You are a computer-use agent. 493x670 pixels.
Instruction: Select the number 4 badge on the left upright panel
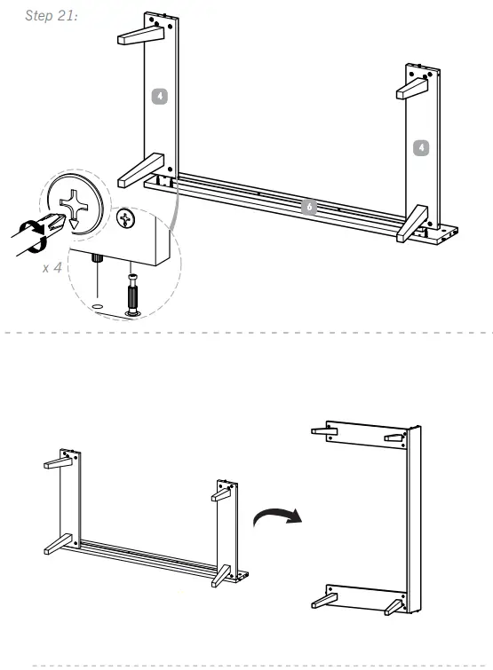click(158, 95)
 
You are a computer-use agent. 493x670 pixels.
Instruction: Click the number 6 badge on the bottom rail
click(307, 207)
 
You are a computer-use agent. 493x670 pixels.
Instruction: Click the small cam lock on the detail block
click(127, 217)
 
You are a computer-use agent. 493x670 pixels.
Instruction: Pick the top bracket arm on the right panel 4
click(413, 89)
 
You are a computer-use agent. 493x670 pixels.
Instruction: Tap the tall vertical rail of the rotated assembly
click(413, 519)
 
